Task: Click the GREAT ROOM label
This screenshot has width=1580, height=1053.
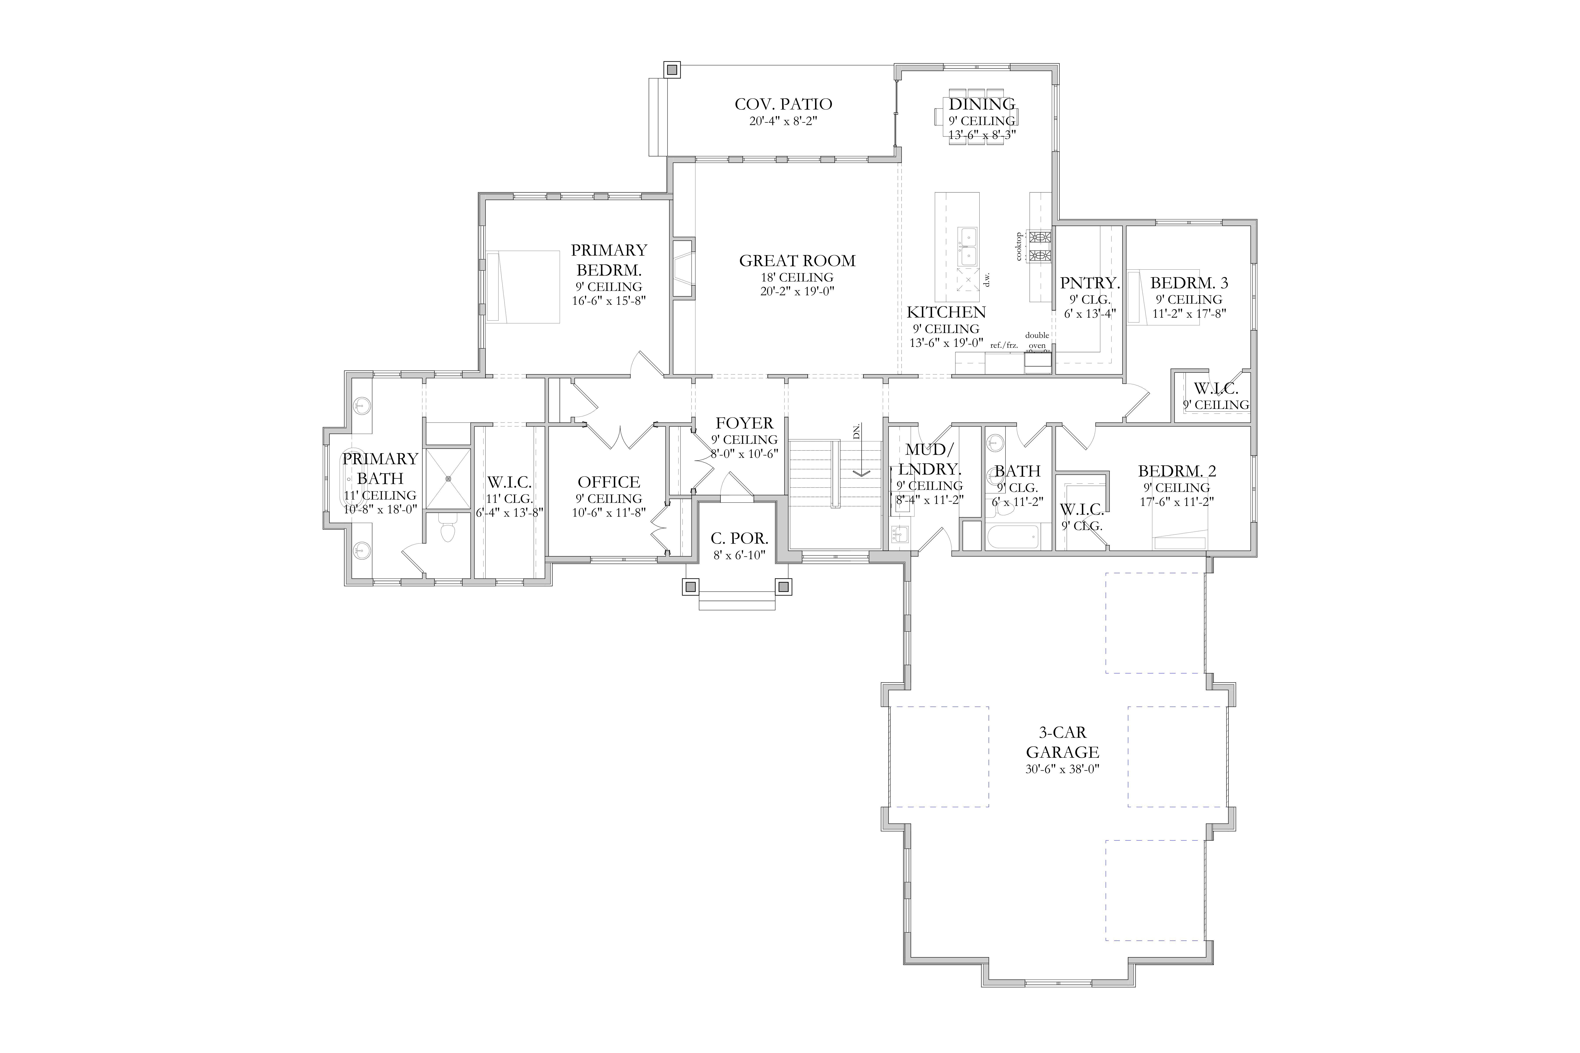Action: click(797, 261)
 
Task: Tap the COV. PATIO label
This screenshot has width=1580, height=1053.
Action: click(783, 104)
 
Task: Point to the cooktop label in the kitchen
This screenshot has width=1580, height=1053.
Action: click(1019, 246)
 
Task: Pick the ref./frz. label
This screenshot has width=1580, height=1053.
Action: click(1004, 345)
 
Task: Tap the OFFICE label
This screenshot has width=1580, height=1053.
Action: click(609, 482)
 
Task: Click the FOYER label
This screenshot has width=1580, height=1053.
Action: click(744, 423)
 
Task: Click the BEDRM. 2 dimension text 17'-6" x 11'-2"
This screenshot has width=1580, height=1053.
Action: click(1177, 501)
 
